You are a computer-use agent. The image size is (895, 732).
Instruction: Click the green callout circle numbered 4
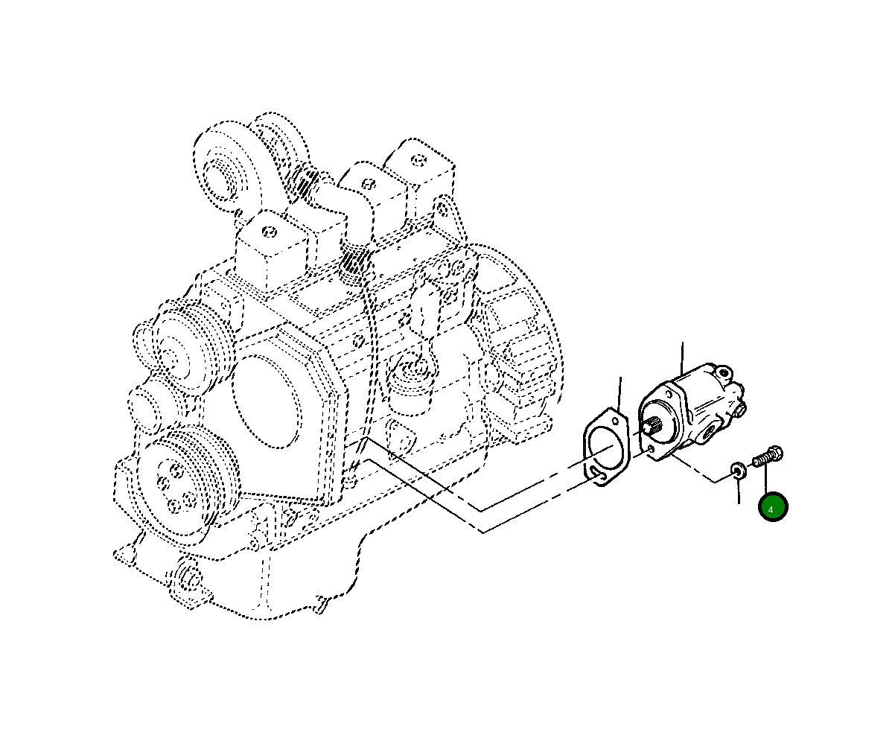772,506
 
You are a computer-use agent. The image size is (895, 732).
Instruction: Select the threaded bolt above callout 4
768,456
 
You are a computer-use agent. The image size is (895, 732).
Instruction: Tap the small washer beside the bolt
739,471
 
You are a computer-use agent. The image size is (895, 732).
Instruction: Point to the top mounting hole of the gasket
615,420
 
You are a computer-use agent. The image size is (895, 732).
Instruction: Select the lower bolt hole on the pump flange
651,449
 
